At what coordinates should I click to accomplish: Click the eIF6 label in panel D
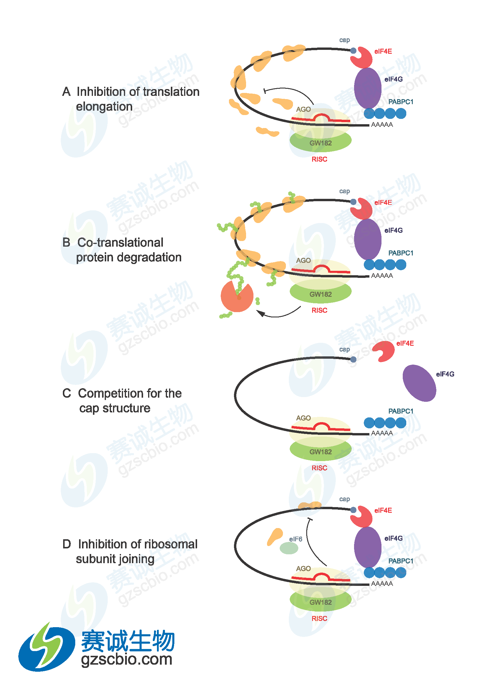(295, 539)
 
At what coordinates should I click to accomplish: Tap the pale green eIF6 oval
(289, 548)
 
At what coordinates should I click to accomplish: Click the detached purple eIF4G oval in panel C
(419, 383)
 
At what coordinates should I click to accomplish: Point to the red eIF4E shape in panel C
(384, 351)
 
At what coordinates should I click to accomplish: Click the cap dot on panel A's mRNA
(353, 51)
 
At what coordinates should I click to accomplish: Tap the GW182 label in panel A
(321, 143)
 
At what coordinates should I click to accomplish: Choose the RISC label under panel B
(319, 310)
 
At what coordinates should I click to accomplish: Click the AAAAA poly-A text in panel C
(382, 433)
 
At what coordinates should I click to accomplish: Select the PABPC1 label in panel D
(401, 561)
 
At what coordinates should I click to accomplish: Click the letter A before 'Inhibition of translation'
(66, 92)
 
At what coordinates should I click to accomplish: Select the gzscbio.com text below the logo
(127, 659)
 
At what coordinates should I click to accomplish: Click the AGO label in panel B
(303, 260)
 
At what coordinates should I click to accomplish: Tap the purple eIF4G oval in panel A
(368, 88)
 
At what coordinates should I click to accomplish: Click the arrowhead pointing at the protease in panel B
(260, 314)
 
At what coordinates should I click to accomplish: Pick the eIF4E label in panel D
(383, 510)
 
